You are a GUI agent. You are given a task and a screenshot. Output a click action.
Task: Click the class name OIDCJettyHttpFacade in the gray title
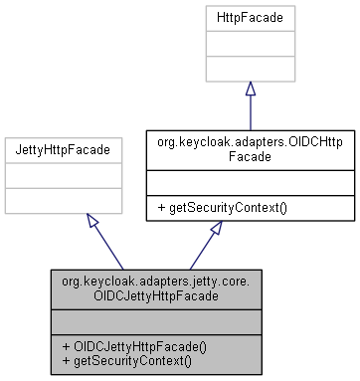pos(156,296)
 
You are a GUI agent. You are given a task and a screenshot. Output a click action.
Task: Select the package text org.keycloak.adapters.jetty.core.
pos(156,282)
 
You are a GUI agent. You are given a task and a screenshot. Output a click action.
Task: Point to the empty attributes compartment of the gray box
pos(156,321)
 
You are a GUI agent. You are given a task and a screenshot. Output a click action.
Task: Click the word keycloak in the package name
pos(106,282)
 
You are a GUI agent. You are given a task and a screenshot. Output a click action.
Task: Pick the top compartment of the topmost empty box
pos(250,18)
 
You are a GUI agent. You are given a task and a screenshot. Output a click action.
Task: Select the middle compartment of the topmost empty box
pos(250,44)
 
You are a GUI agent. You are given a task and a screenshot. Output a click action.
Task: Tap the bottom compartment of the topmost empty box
pos(250,69)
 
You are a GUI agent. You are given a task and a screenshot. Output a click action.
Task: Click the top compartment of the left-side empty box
pos(64,150)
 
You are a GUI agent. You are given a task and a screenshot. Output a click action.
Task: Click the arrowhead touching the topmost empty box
pos(250,90)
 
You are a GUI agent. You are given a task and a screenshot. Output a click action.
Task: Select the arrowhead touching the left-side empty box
pos(92,220)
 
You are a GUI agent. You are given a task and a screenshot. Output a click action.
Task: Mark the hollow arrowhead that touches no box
pos(216,228)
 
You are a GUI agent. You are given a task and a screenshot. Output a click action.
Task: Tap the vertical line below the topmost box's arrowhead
pos(250,114)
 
